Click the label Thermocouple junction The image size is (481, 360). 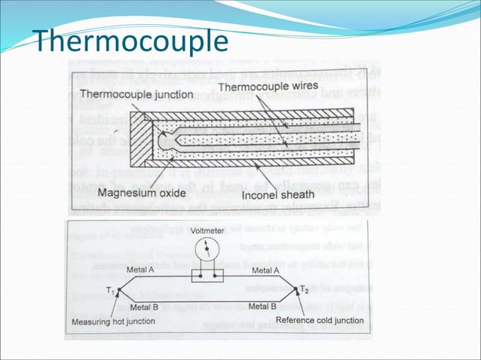click(x=136, y=95)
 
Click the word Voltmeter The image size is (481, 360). click(x=207, y=230)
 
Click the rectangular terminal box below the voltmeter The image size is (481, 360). click(x=207, y=276)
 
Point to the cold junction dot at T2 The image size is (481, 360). click(x=295, y=289)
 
